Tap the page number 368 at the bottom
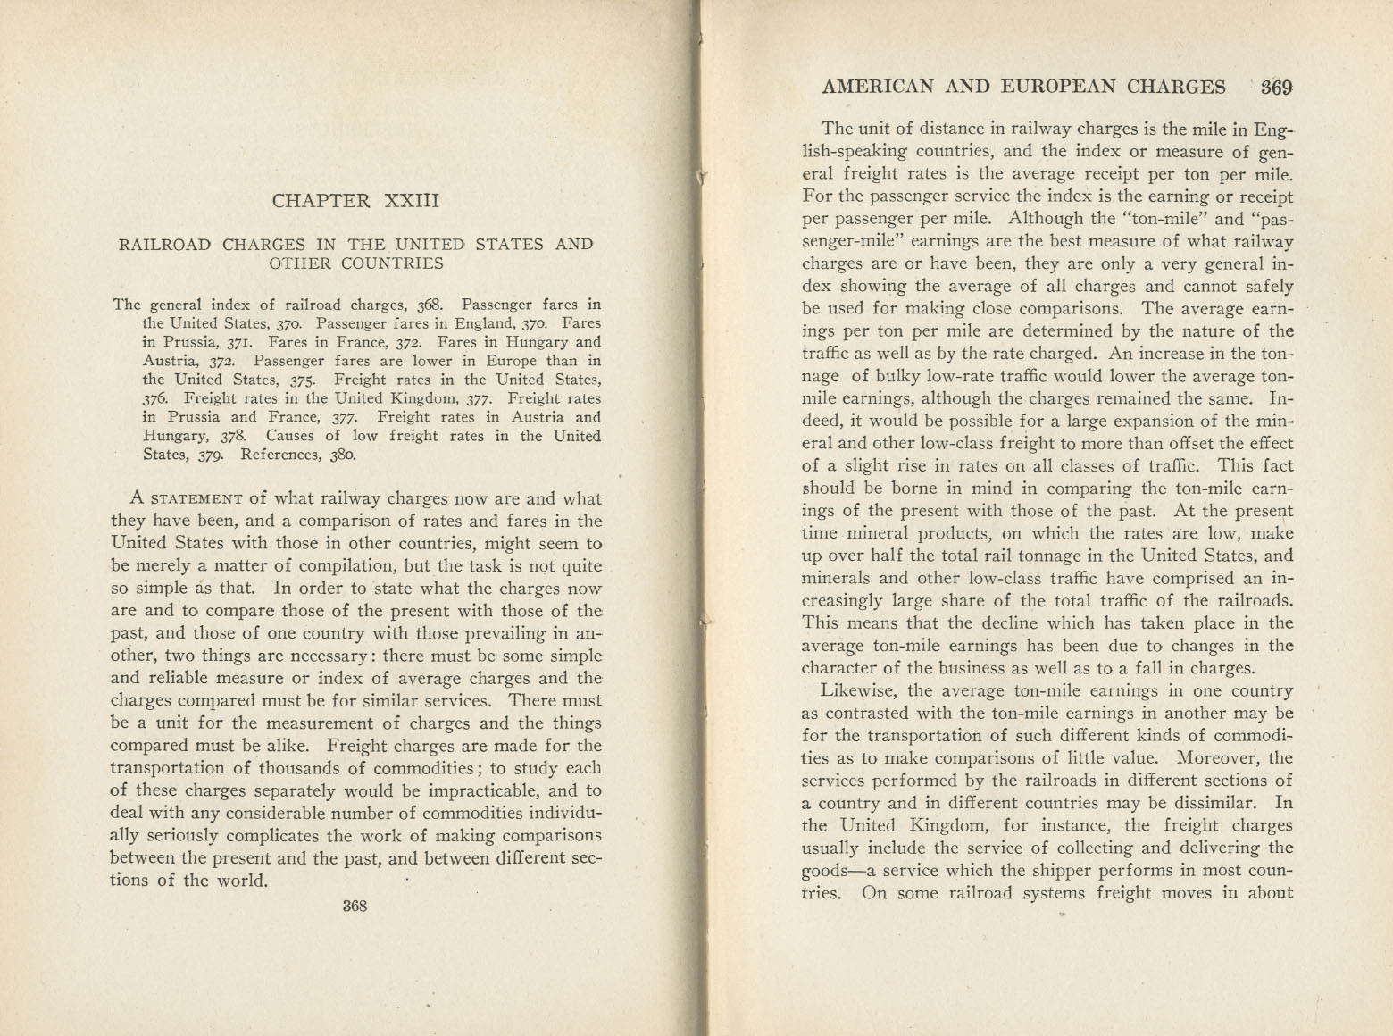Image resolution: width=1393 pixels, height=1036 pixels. (355, 905)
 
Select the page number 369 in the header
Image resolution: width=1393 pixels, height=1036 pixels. (1277, 87)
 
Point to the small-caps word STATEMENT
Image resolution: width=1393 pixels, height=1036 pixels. (194, 499)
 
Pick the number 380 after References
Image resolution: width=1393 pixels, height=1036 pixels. (341, 455)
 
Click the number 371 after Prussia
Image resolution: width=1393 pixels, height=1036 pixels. (226, 342)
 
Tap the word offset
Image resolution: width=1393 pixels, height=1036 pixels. (1169, 443)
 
